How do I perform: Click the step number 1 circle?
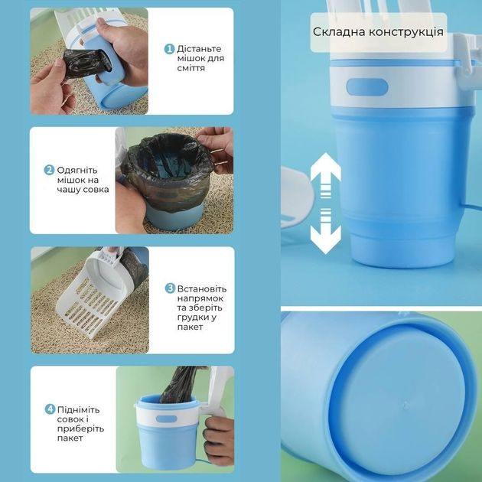169,49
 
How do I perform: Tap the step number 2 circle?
49,170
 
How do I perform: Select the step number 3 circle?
170,288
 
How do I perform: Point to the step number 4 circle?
50,409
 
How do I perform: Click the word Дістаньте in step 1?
199,49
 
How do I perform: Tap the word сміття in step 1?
191,68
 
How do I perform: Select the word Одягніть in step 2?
77,171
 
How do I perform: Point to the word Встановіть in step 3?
202,289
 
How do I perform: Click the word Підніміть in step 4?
78,410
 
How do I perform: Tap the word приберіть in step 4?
80,428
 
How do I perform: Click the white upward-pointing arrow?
325,175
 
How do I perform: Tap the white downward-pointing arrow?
325,231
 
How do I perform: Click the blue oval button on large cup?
367,87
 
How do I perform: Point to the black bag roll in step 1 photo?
88,63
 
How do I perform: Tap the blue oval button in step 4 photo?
166,419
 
